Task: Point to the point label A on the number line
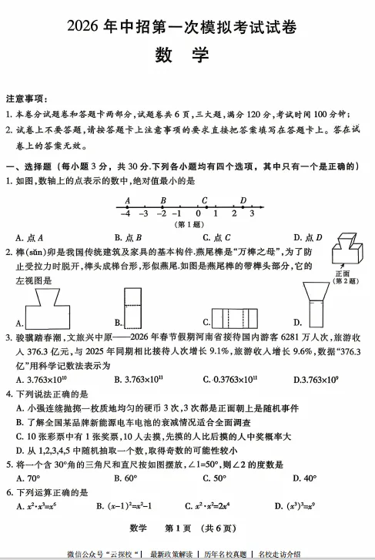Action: [x=127, y=200]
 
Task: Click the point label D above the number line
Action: [x=243, y=200]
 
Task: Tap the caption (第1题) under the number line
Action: [x=187, y=225]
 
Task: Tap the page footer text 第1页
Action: [x=182, y=528]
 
